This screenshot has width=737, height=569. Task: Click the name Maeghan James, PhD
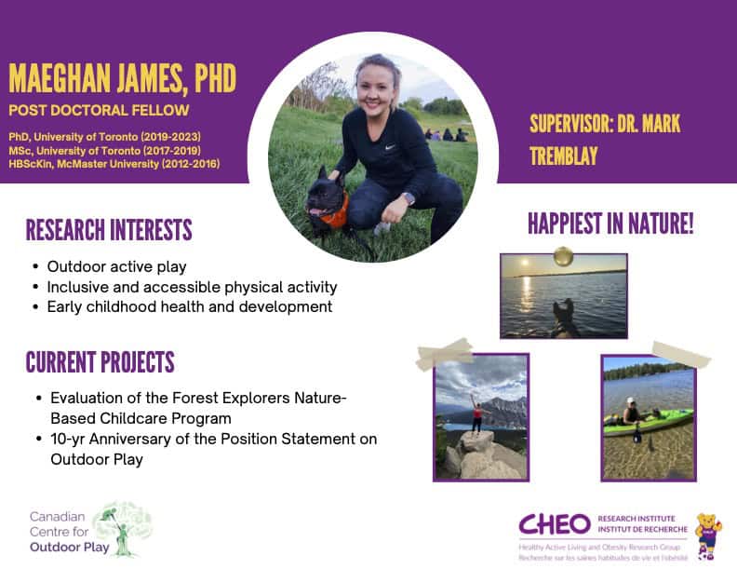(122, 78)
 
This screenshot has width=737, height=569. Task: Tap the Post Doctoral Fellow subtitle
(99, 111)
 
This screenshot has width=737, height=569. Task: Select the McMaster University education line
(114, 164)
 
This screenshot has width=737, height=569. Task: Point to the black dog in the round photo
(327, 200)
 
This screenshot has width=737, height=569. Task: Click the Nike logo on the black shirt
(390, 147)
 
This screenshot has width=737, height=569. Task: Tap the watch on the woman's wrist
(409, 198)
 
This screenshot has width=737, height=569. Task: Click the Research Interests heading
(109, 230)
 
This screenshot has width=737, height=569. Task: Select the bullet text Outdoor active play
(116, 267)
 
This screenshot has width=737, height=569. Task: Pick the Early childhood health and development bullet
(190, 307)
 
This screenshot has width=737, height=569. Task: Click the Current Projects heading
(100, 362)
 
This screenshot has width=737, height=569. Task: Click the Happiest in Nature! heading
(610, 224)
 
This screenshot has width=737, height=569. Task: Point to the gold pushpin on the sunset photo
(563, 257)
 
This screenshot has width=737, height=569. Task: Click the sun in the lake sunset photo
(525, 262)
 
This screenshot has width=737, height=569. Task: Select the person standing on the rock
(477, 414)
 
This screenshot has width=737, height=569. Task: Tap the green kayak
(649, 422)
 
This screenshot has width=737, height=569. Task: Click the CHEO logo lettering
(555, 524)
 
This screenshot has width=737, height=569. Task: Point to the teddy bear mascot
(708, 536)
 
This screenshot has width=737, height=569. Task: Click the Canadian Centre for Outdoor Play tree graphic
(123, 529)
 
